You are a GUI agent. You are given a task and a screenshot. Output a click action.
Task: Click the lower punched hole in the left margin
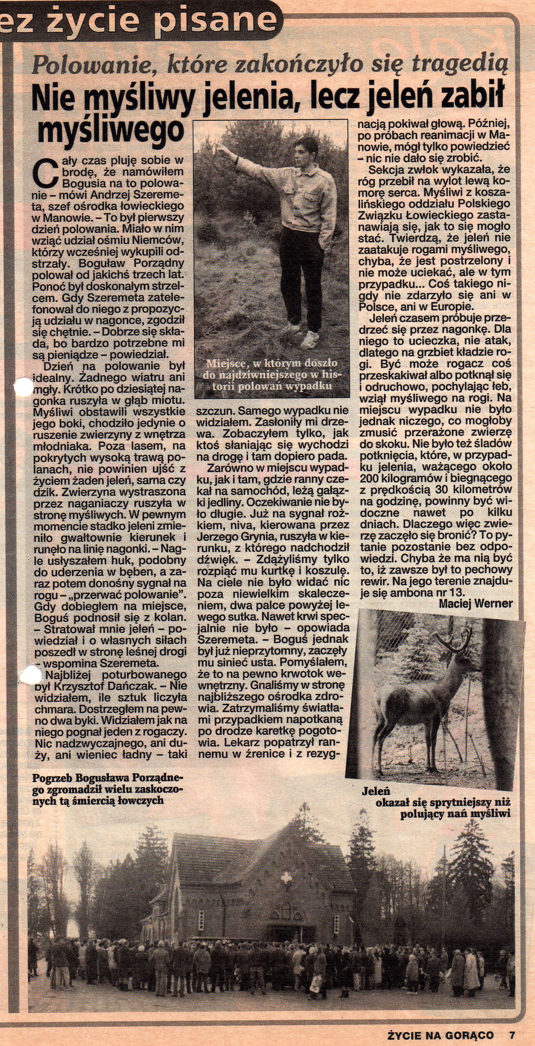click(x=31, y=675)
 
